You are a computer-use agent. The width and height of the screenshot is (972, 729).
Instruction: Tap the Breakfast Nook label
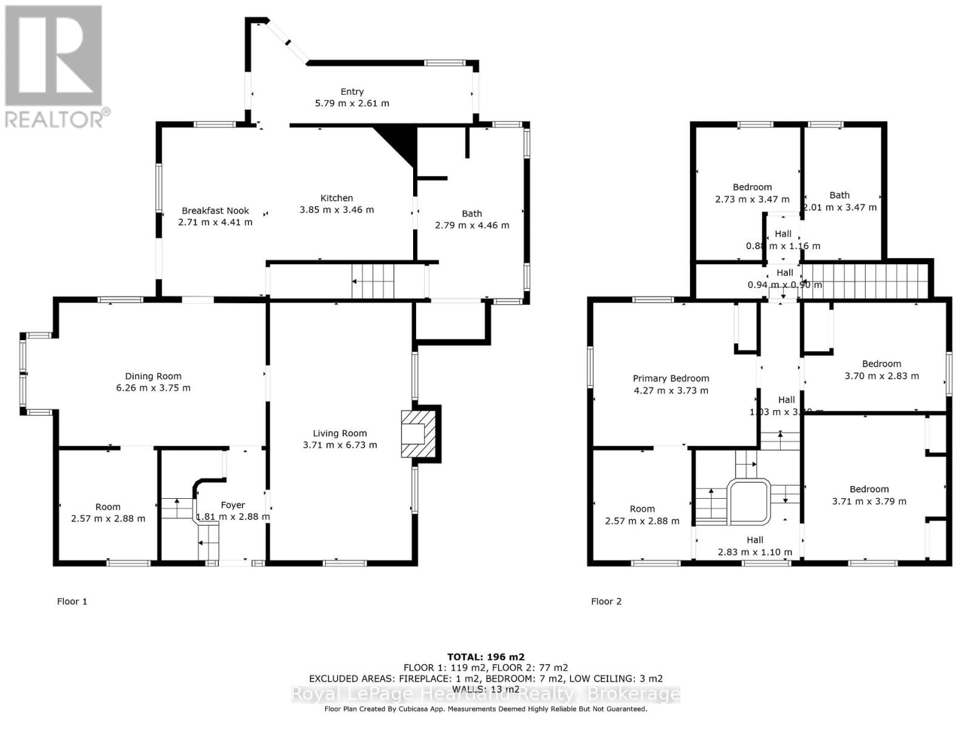(x=215, y=211)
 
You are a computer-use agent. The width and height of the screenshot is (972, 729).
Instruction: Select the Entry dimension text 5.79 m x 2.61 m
(x=352, y=103)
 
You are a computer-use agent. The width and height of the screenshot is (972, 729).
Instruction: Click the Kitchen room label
(x=337, y=198)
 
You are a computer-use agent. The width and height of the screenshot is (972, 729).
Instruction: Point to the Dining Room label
(x=153, y=376)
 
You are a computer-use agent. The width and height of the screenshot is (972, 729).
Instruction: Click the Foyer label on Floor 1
(x=233, y=505)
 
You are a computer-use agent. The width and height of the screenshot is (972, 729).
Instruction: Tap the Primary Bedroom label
(x=671, y=378)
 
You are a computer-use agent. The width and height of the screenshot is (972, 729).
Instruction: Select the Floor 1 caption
(x=72, y=601)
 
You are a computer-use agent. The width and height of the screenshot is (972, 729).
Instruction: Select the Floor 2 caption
(x=606, y=601)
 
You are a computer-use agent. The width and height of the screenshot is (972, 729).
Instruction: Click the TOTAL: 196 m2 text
(x=485, y=657)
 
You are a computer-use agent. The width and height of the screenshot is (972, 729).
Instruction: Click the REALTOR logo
(x=55, y=67)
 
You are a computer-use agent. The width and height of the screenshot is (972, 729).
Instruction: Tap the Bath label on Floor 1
(x=471, y=213)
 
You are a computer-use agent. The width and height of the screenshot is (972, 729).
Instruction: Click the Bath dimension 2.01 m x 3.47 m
(x=840, y=207)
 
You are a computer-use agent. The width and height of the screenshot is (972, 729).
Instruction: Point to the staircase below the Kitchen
(x=373, y=281)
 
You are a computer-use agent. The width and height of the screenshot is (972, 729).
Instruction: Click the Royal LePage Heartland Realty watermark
(x=485, y=694)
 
